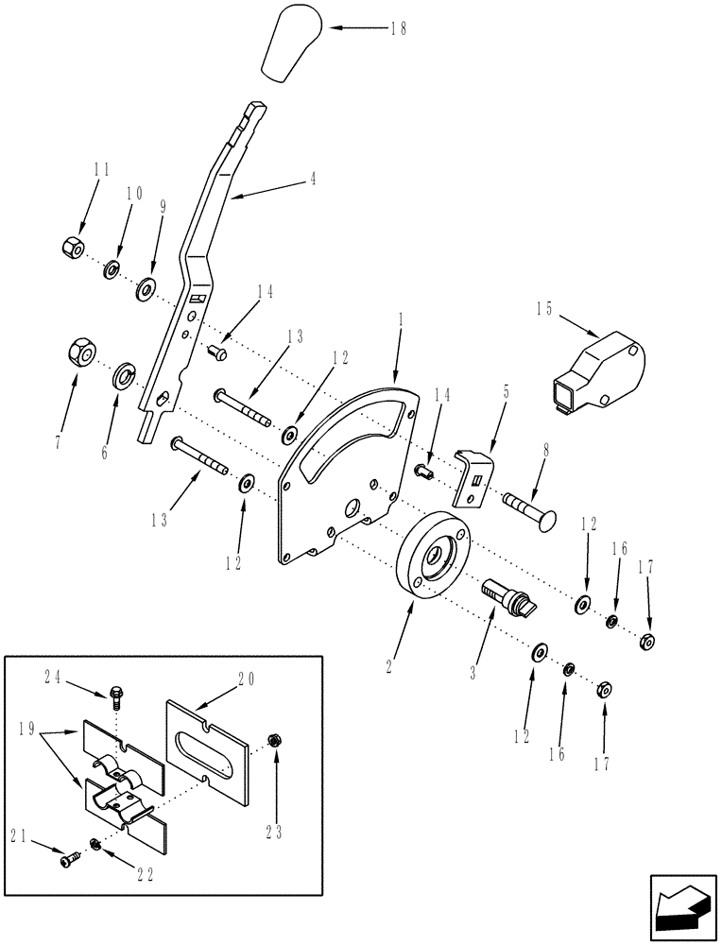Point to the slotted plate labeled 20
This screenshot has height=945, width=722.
click(x=208, y=741)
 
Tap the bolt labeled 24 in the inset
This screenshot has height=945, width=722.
click(x=115, y=698)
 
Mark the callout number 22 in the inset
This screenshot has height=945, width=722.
click(x=145, y=875)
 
